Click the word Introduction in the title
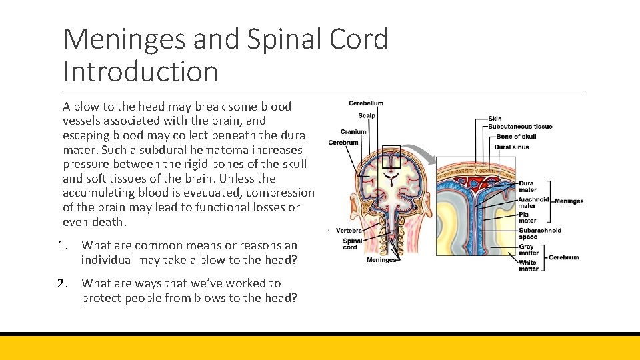pyautogui.click(x=141, y=71)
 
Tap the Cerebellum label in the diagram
pyautogui.click(x=366, y=103)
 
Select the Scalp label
pyautogui.click(x=367, y=115)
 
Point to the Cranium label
pyautogui.click(x=353, y=132)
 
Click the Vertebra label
pyautogui.click(x=349, y=230)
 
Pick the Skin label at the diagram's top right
pyautogui.click(x=495, y=119)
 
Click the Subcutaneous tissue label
pyautogui.click(x=520, y=127)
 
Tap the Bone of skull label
pyautogui.click(x=516, y=137)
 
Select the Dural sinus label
pyautogui.click(x=511, y=147)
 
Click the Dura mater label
pyautogui.click(x=527, y=186)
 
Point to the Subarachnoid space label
pyautogui.click(x=540, y=233)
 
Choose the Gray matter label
pyautogui.click(x=528, y=250)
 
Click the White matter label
pyautogui.click(x=527, y=265)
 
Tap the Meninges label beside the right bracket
pyautogui.click(x=569, y=201)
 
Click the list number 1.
pyautogui.click(x=67, y=246)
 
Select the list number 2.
pyautogui.click(x=67, y=283)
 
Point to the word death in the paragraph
pyautogui.click(x=106, y=222)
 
